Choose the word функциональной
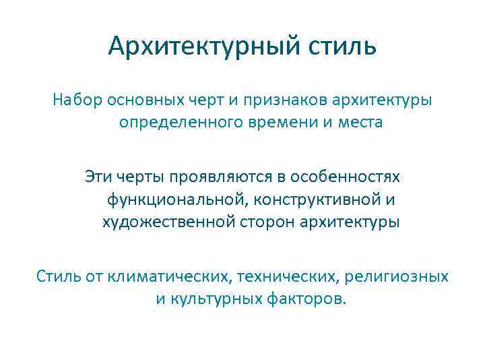166,200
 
